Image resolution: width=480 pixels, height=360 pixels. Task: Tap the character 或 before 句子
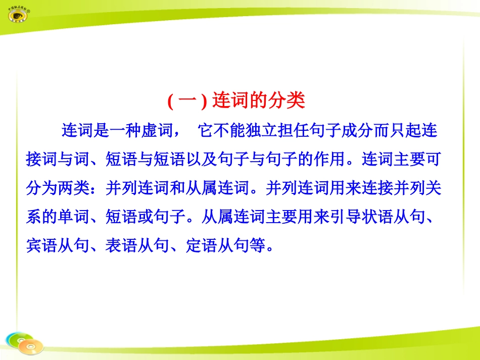pyautogui.click(x=145, y=217)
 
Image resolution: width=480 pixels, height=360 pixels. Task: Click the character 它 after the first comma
pyautogui.click(x=206, y=131)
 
